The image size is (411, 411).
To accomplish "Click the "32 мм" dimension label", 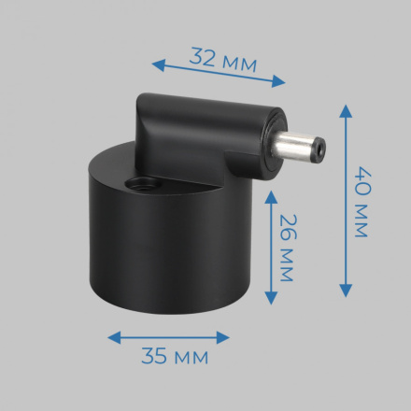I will [x=223, y=58].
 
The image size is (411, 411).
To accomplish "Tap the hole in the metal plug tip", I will [x=319, y=148].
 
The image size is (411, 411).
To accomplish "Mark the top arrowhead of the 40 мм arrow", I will [x=347, y=108].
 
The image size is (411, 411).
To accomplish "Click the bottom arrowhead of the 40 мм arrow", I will [x=347, y=292].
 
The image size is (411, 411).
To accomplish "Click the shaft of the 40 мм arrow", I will [x=347, y=201].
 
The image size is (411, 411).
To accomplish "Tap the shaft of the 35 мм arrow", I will [x=168, y=335].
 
